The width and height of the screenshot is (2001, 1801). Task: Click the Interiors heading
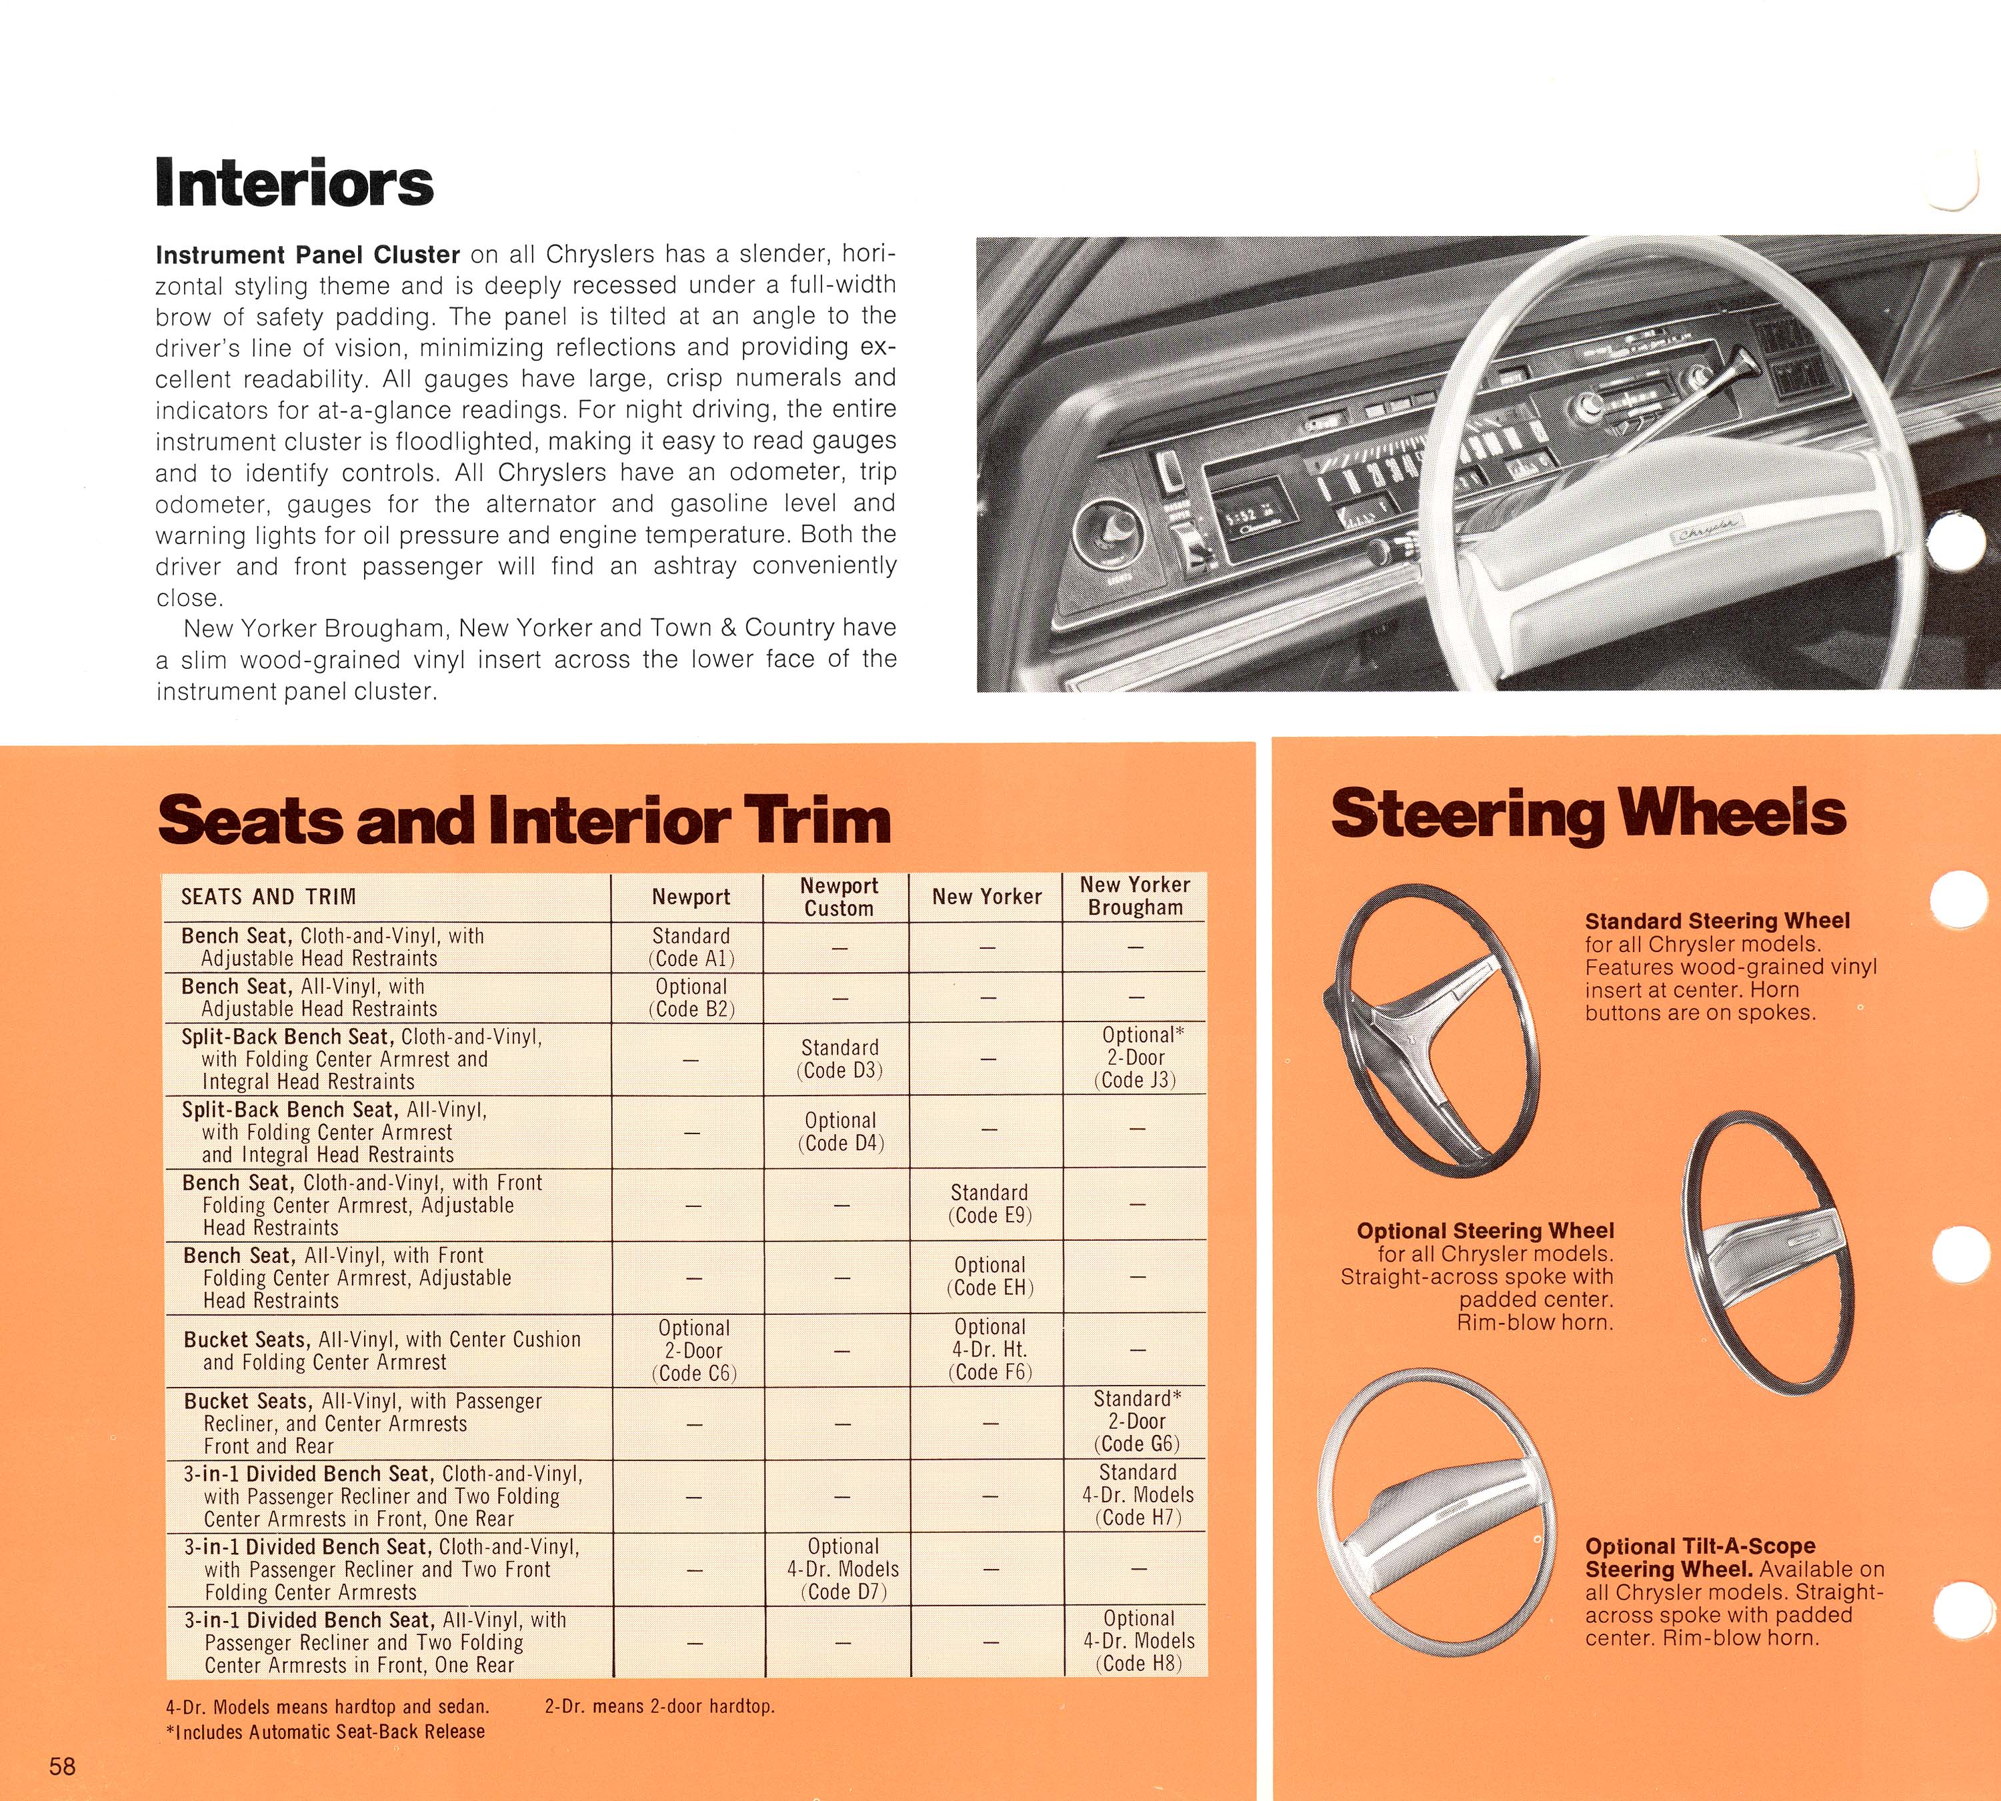tap(295, 184)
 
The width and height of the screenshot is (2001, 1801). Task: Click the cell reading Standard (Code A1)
tap(691, 947)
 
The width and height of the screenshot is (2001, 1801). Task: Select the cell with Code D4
tap(840, 1131)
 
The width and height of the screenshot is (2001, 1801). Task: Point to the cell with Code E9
tap(989, 1204)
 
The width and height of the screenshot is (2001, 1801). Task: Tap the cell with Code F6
tap(989, 1349)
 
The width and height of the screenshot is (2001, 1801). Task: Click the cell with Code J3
tap(1137, 1058)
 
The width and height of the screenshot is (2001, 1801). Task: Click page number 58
tap(63, 1766)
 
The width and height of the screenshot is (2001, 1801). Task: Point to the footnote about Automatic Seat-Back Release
tap(325, 1731)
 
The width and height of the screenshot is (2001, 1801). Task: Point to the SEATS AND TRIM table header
tap(267, 897)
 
